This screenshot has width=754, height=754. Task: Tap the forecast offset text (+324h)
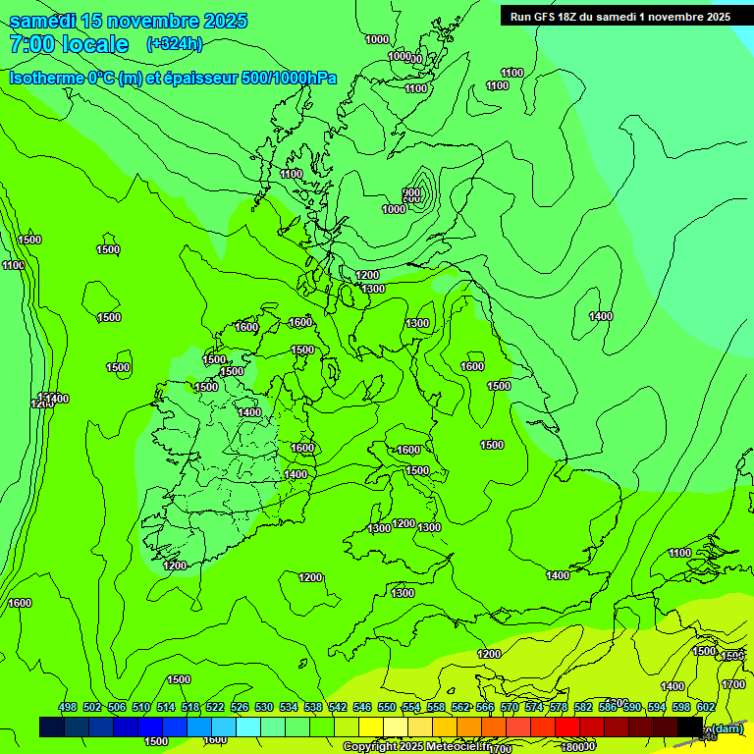click(x=174, y=43)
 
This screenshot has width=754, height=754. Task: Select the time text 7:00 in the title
click(x=30, y=44)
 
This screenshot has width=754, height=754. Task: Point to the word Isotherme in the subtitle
click(x=46, y=78)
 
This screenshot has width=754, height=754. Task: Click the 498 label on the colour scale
click(x=68, y=708)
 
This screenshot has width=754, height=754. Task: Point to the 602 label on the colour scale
click(x=706, y=708)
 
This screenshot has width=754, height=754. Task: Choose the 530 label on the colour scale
click(x=264, y=708)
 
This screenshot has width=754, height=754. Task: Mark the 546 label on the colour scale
click(x=362, y=708)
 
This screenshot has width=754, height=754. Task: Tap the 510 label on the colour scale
click(x=141, y=708)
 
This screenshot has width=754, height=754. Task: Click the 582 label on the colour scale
click(x=583, y=708)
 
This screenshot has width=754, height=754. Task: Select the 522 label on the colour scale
click(x=215, y=708)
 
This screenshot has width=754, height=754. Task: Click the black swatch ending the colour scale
click(x=690, y=727)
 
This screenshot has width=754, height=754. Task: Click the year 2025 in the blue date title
click(x=220, y=21)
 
